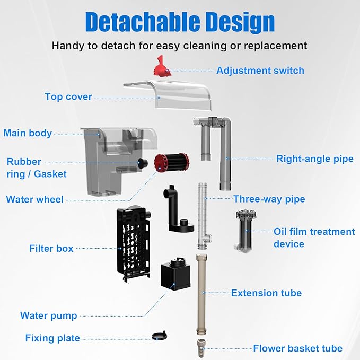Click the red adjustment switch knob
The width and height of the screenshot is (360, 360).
pyautogui.click(x=161, y=66)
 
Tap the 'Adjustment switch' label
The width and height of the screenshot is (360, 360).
pyautogui.click(x=260, y=71)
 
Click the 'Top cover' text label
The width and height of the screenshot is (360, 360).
pyautogui.click(x=68, y=96)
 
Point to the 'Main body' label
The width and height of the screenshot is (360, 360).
pyautogui.click(x=28, y=133)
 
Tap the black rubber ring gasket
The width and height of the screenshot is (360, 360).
pyautogui.click(x=144, y=163)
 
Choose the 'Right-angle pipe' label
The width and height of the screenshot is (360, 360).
pyautogui.click(x=314, y=159)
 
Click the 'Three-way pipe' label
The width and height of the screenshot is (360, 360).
pyautogui.click(x=269, y=199)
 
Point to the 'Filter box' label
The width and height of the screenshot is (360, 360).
pyautogui.click(x=51, y=248)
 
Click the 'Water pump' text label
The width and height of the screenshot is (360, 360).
pyautogui.click(x=49, y=315)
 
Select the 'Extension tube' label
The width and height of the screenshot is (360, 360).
pyautogui.click(x=266, y=293)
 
